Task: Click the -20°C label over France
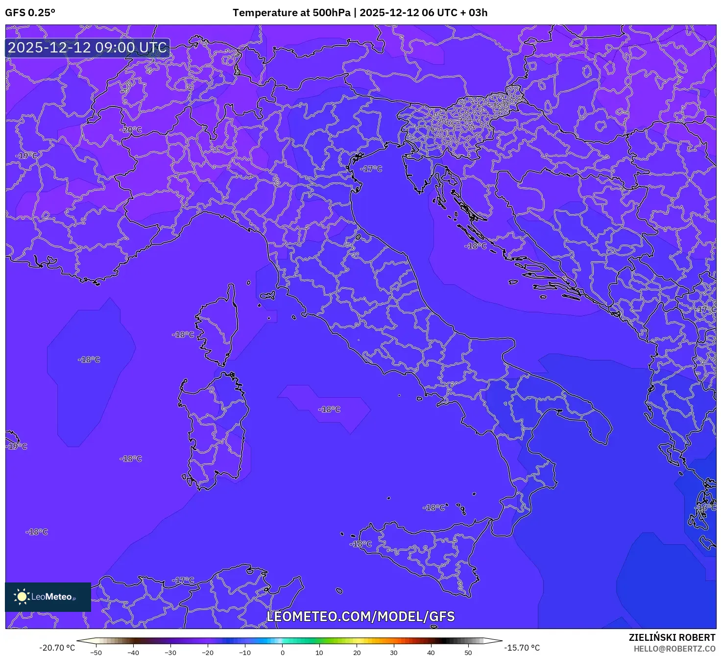[x=131, y=130]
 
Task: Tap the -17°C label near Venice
[x=371, y=169]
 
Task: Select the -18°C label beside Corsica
[x=183, y=334]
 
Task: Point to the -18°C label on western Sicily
[x=361, y=544]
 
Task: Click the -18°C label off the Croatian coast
[x=476, y=246]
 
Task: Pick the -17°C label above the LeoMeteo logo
[x=183, y=580]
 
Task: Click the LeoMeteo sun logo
[x=22, y=597]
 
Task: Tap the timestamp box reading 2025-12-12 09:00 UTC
[x=88, y=48]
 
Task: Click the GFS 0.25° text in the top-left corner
[x=30, y=13]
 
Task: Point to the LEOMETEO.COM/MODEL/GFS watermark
[x=360, y=616]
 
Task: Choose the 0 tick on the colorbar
[x=283, y=652]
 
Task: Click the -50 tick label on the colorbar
[x=96, y=652]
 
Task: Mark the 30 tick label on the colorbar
[x=394, y=652]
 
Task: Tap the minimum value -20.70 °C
[x=57, y=648]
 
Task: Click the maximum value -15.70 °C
[x=522, y=648]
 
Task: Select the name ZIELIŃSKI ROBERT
[x=672, y=637]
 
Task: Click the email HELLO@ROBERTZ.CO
[x=674, y=649]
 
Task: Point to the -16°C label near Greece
[x=706, y=507]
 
